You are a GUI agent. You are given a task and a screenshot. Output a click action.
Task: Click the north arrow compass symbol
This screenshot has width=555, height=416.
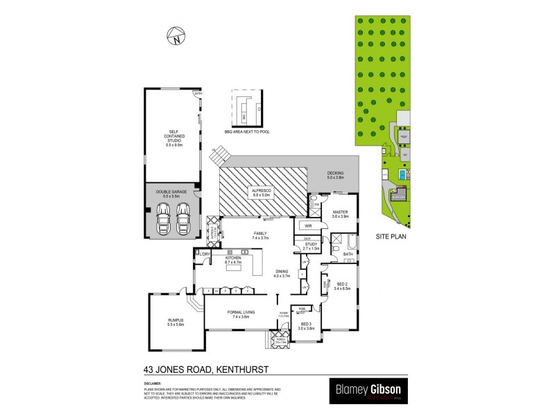coord(176,36)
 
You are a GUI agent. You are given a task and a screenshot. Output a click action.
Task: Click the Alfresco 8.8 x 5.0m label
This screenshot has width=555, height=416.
coord(263,191)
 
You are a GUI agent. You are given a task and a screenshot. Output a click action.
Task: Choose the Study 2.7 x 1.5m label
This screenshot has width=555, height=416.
coord(310,245)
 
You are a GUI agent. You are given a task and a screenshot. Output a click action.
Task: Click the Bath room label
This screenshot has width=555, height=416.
coord(348,254)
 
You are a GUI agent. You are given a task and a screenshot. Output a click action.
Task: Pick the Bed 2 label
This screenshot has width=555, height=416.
coord(343,286)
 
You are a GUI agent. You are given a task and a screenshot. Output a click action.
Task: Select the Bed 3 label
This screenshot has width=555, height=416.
coord(306,327)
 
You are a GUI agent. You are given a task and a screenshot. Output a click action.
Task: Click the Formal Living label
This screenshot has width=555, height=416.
coord(241,314)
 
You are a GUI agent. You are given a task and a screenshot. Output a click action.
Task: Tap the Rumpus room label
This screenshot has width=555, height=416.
coord(176,322)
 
